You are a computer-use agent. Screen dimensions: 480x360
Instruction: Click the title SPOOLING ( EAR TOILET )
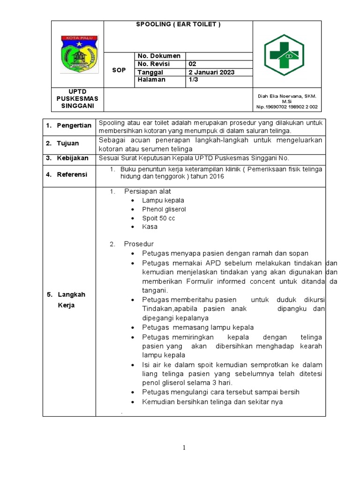tap(178, 24)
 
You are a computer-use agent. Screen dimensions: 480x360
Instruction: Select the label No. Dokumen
tap(158, 56)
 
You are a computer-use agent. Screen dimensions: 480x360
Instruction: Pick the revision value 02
tap(193, 64)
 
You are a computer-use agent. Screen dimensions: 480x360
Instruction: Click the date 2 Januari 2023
tap(211, 72)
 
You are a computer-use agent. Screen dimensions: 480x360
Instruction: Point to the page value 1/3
tap(193, 80)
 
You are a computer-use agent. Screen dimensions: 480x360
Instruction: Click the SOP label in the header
tap(119, 70)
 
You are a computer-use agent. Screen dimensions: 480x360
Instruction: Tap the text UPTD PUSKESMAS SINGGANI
tap(77, 98)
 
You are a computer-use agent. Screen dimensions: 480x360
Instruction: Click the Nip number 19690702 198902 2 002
tap(286, 107)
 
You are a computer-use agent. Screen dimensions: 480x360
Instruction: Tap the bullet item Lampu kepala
tap(163, 201)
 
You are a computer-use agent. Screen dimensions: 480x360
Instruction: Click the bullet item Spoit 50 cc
tap(158, 218)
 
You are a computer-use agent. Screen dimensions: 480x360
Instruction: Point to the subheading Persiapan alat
tap(147, 191)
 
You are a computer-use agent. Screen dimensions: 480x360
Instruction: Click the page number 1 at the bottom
tap(184, 448)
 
